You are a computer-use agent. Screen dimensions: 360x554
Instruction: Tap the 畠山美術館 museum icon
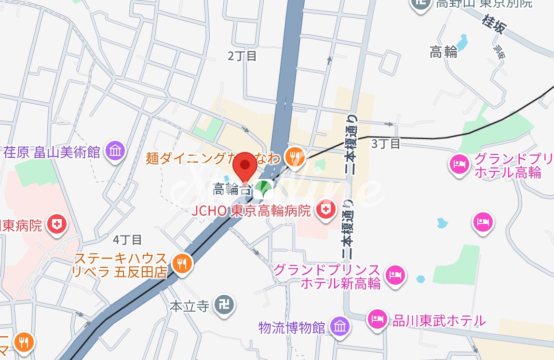click(x=116, y=151)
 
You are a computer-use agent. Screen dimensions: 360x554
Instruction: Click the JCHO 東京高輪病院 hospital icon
click(x=325, y=210)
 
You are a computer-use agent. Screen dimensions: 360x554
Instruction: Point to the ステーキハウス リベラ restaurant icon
click(x=182, y=263)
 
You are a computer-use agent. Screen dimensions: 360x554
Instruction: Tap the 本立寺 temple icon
click(x=224, y=305)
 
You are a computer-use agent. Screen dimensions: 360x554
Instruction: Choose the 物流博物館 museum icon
click(x=340, y=327)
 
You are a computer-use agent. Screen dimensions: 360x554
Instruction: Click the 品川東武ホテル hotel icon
click(x=378, y=318)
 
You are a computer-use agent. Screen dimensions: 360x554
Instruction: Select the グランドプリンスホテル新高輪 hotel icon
click(x=395, y=275)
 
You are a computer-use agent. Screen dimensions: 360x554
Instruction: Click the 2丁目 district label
click(x=243, y=56)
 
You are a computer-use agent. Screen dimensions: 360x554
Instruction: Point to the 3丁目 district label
click(x=386, y=143)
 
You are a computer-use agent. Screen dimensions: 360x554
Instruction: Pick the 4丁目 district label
click(x=127, y=239)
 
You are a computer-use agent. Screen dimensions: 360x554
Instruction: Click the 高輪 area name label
click(x=444, y=52)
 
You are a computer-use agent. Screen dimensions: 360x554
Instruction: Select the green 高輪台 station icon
click(x=263, y=187)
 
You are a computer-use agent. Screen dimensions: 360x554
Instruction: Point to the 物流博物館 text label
click(x=291, y=328)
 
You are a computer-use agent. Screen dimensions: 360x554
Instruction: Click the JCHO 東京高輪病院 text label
click(x=251, y=211)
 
